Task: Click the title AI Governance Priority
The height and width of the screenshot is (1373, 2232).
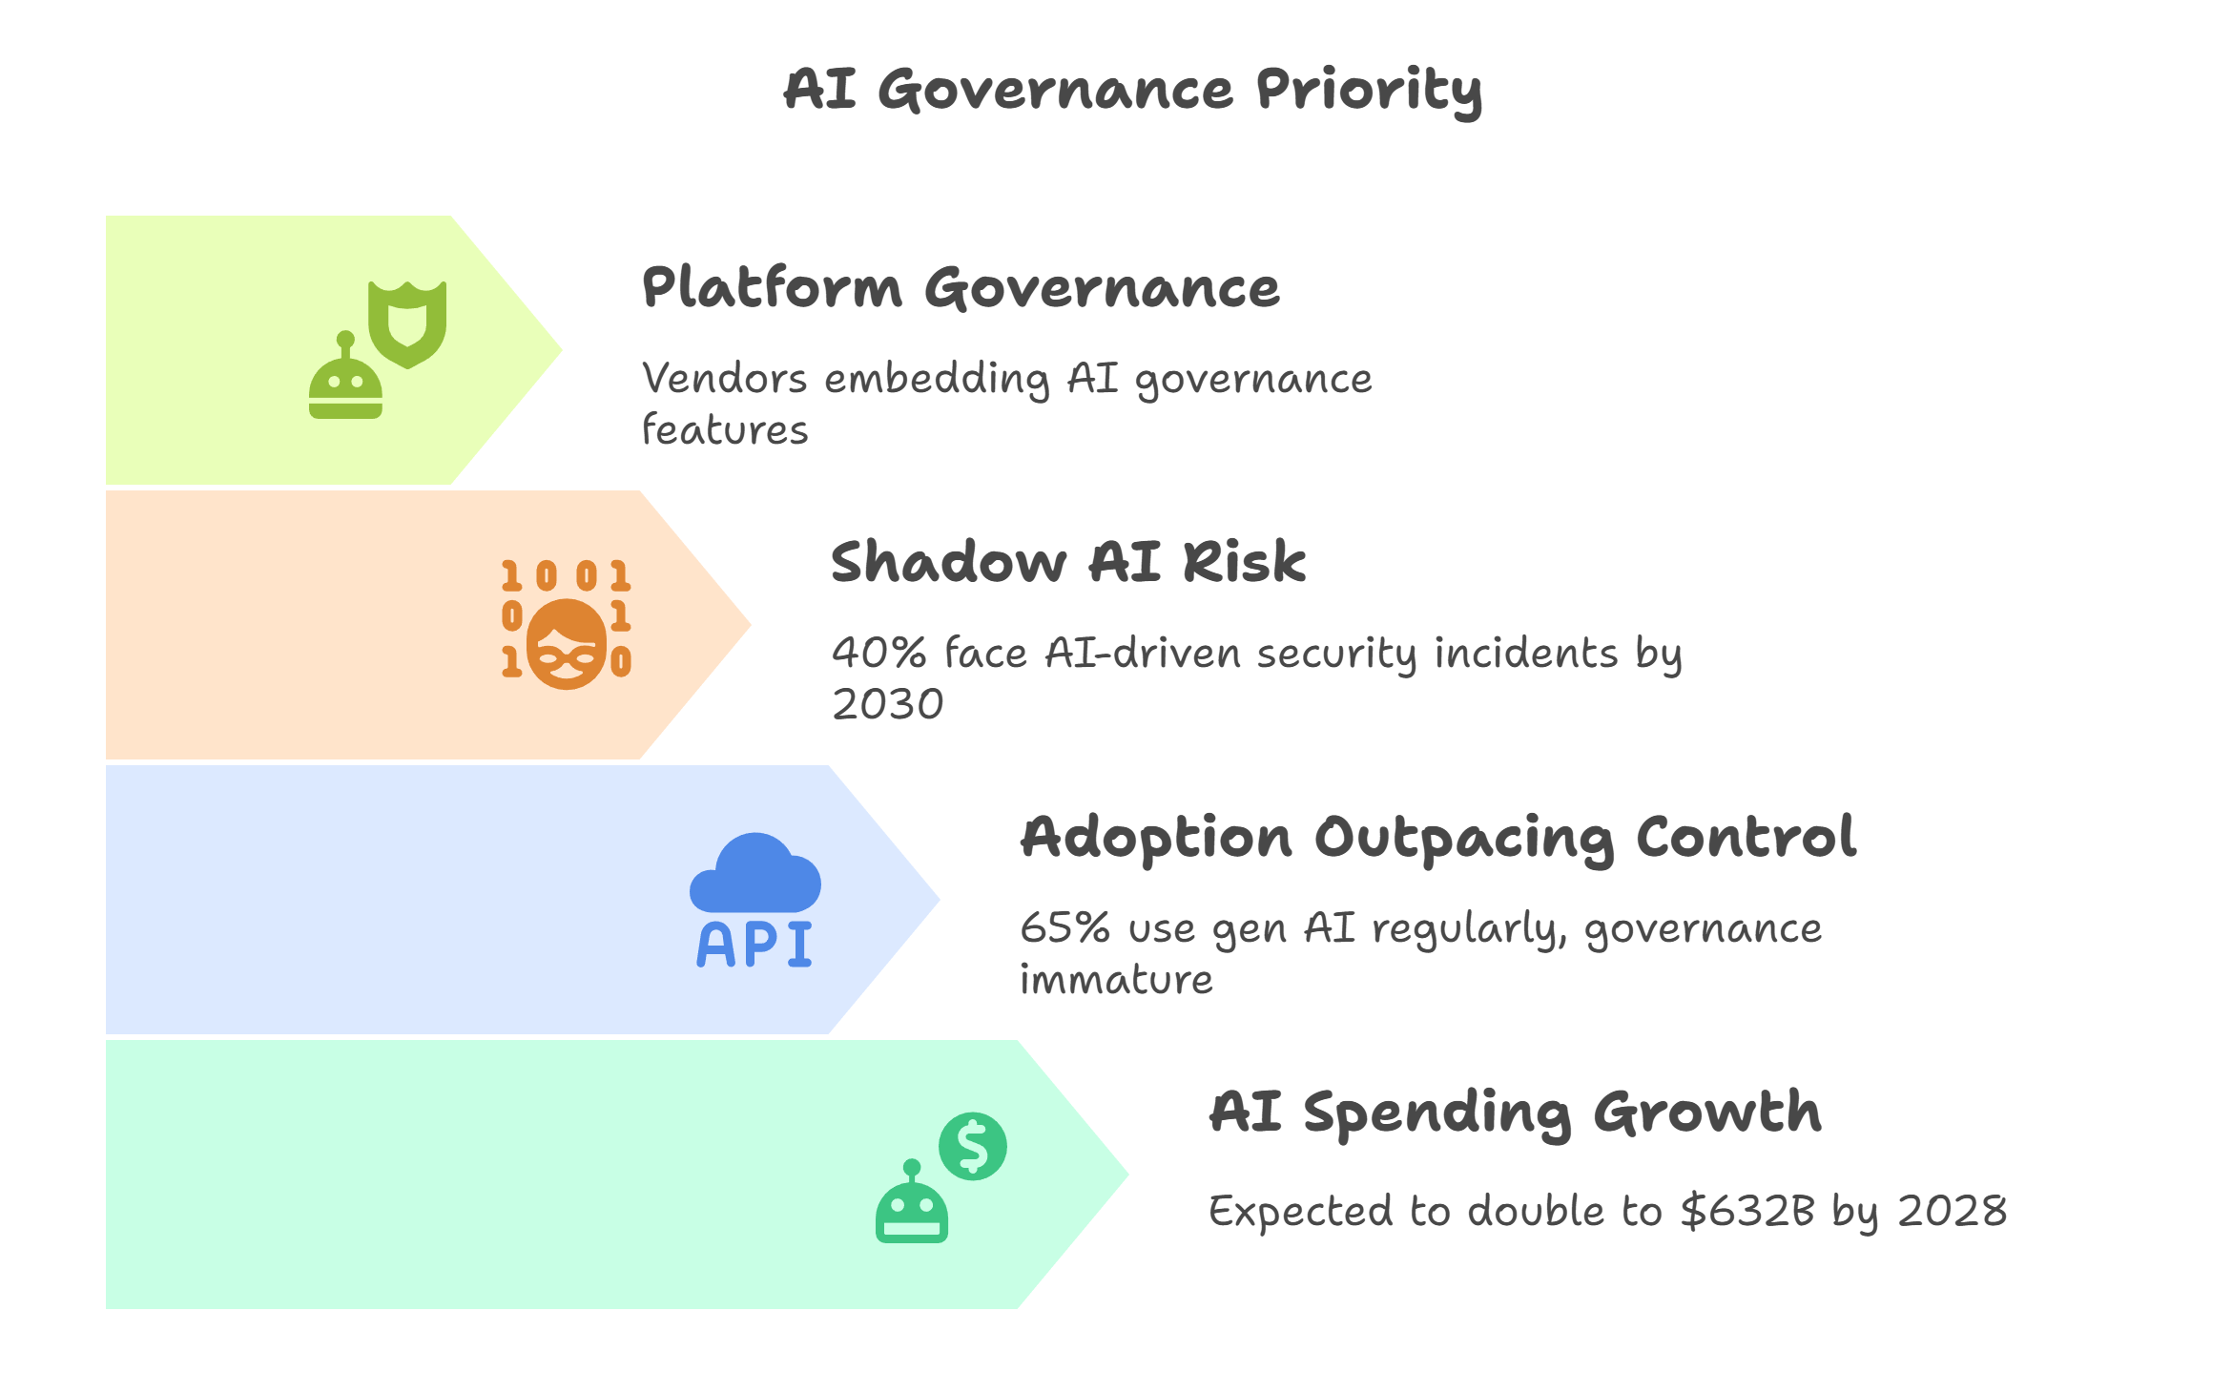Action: (1132, 90)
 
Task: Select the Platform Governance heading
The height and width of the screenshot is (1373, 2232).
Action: (961, 288)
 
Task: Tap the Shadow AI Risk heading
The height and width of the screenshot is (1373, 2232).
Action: (1067, 562)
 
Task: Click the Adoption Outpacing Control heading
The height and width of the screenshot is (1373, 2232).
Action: (1437, 838)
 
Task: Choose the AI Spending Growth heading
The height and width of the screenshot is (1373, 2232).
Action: (1515, 1113)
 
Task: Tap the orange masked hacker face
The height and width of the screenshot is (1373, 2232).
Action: (567, 645)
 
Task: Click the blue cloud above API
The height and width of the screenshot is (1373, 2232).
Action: (755, 874)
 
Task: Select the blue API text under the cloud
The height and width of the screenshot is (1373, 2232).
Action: (754, 946)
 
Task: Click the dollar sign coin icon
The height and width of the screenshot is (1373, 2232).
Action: (972, 1146)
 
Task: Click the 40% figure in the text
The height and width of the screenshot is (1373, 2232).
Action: (878, 654)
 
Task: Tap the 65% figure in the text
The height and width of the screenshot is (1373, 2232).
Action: (1064, 928)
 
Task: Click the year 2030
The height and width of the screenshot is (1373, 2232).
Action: (887, 705)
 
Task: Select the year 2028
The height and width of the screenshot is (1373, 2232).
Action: (1952, 1211)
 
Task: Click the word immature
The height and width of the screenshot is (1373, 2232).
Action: (1116, 980)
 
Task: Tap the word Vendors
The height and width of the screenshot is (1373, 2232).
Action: (725, 379)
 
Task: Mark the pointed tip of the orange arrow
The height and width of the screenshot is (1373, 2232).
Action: (749, 625)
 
